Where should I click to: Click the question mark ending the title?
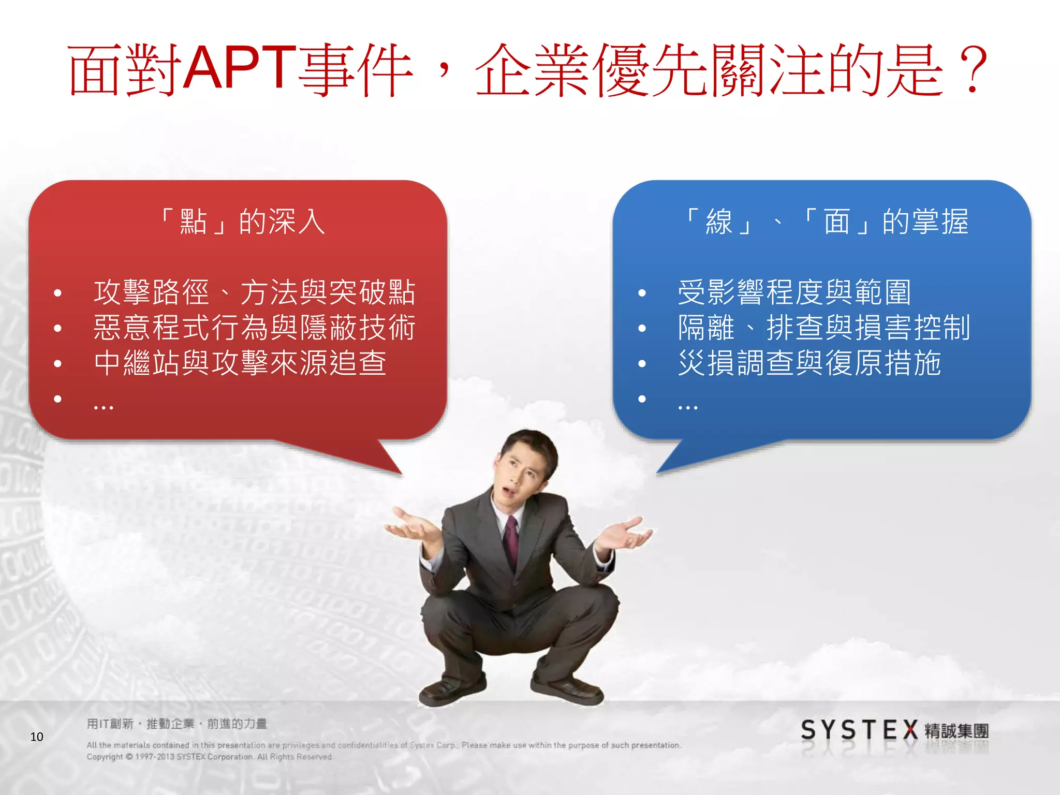[x=972, y=70]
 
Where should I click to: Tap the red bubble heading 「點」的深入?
[x=242, y=222]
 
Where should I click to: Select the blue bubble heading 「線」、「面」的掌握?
[x=826, y=222]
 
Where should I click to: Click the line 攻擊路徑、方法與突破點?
[x=254, y=292]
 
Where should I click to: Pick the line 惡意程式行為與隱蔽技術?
[x=254, y=328]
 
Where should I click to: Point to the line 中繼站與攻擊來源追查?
[x=240, y=363]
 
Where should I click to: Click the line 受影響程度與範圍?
[x=794, y=292]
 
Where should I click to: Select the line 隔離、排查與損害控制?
[x=824, y=328]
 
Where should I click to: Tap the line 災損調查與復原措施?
[x=809, y=363]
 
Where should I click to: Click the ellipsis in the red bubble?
[x=104, y=407]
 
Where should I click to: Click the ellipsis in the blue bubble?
[x=688, y=407]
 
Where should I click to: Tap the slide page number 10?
[x=37, y=737]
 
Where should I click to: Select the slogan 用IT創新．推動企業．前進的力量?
[x=176, y=724]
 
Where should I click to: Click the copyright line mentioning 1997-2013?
[x=210, y=757]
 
